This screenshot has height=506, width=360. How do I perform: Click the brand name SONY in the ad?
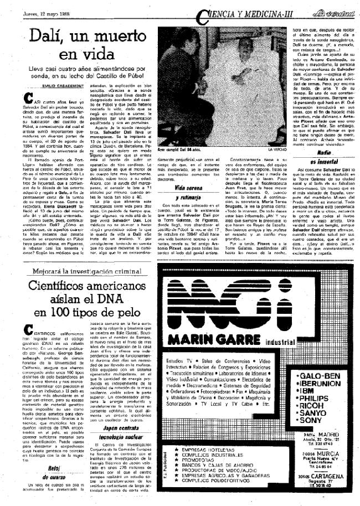pyautogui.click(x=317, y=420)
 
